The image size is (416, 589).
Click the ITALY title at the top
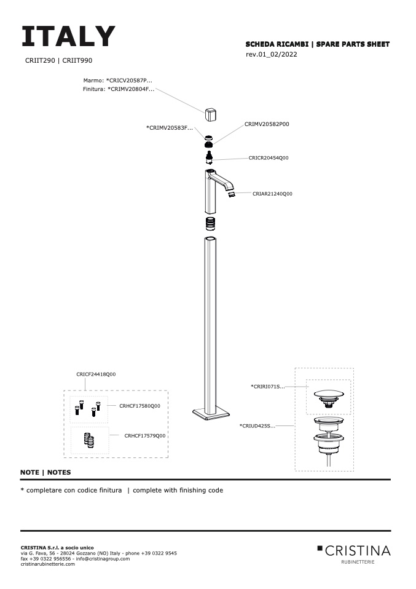tap(68, 37)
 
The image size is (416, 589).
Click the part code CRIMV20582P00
tap(267, 124)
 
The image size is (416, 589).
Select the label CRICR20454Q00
tap(269, 158)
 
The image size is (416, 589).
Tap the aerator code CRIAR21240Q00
tap(272, 194)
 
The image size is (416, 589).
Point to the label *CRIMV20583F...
tap(170, 128)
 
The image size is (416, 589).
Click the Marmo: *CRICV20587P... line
tap(117, 80)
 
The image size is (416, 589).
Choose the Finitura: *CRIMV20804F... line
tap(119, 89)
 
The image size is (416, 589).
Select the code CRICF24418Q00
tap(96, 374)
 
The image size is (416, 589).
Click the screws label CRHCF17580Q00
tap(139, 406)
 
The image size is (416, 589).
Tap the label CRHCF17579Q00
tap(146, 436)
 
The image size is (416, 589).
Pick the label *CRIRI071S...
tap(268, 387)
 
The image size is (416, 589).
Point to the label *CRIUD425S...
tap(257, 425)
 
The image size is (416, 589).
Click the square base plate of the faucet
tap(211, 413)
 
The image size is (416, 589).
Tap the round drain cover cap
tap(329, 394)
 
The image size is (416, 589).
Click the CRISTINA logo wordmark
tap(358, 550)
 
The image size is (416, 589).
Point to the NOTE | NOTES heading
tap(45, 473)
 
